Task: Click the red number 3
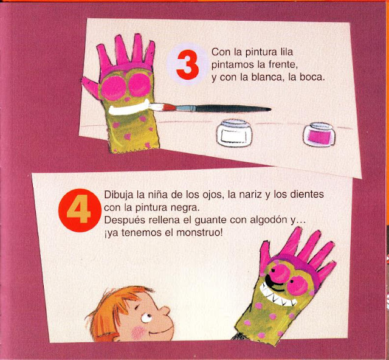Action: [x=188, y=65]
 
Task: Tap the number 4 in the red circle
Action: [x=79, y=209]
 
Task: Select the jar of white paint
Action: [x=234, y=133]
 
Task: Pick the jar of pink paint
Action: [x=318, y=135]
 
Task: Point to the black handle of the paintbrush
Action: [x=233, y=108]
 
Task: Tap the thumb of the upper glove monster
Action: [x=90, y=87]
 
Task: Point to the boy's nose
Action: [x=165, y=311]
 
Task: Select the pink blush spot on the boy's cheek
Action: [x=138, y=333]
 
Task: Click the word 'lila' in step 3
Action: [x=286, y=52]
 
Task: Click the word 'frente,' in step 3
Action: [x=283, y=65]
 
